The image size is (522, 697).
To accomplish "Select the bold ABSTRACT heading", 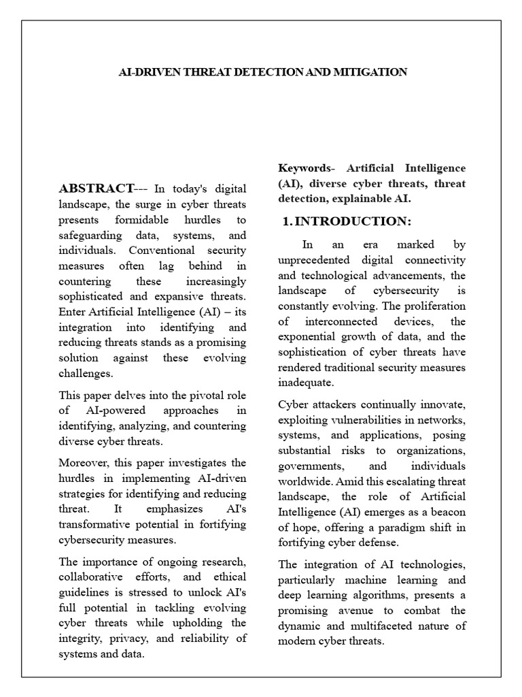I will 95,189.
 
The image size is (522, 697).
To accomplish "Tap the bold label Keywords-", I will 307,168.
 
